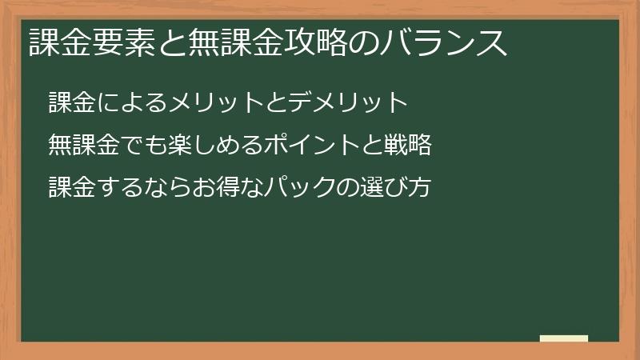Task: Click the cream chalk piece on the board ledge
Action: click(564, 338)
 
